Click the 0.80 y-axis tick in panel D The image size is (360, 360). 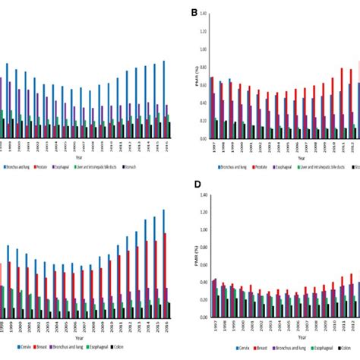pos(204,247)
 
